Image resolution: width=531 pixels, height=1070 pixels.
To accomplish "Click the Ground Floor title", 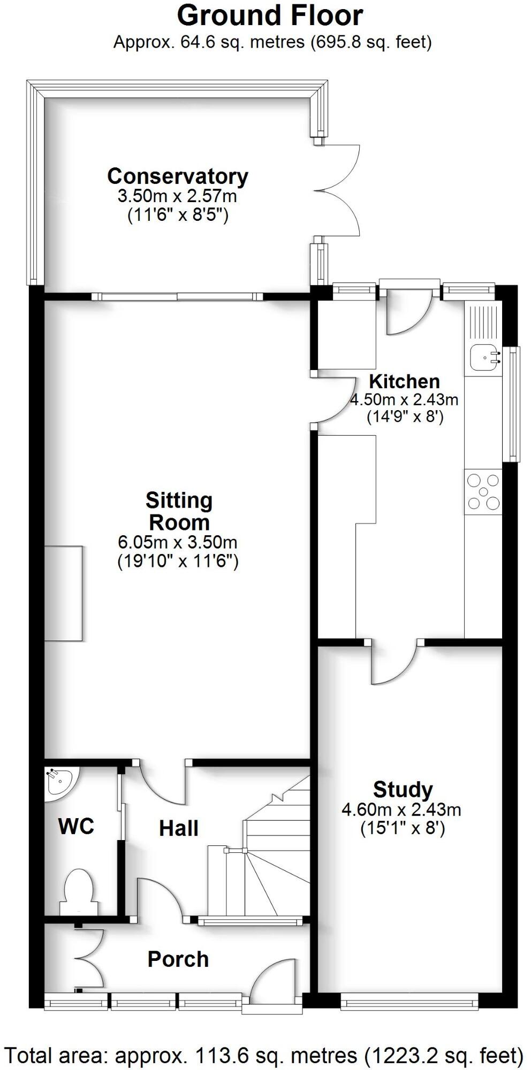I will click(x=270, y=16).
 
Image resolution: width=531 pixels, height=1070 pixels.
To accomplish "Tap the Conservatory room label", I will click(x=177, y=176).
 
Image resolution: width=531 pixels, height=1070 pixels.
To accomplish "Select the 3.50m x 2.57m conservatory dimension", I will click(x=177, y=196).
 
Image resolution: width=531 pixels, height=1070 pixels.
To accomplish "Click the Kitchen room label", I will click(x=404, y=381).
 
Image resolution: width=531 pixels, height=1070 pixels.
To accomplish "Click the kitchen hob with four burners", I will click(x=483, y=492).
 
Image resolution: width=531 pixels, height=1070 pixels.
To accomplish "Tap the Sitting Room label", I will click(x=179, y=511).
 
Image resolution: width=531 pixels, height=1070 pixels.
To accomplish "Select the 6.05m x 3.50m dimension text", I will click(x=177, y=542).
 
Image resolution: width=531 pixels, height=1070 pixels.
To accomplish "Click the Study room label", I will click(x=403, y=789).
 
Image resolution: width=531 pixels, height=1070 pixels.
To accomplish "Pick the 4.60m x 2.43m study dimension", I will click(x=401, y=810).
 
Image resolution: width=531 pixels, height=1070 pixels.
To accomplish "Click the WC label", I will click(x=76, y=827).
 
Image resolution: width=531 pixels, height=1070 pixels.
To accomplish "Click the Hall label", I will click(x=178, y=828).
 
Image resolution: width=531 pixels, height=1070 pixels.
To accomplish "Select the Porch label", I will click(x=178, y=959).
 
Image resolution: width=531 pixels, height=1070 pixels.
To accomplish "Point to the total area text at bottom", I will click(x=265, y=1055).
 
